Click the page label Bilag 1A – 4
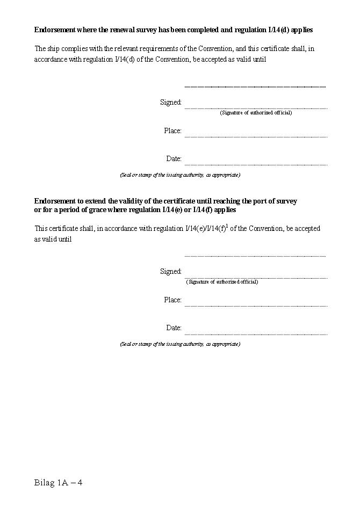pyautogui.click(x=58, y=483)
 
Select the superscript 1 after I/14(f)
pyautogui.click(x=227, y=226)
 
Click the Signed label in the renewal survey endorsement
pyautogui.click(x=171, y=103)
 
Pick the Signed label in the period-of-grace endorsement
pyautogui.click(x=171, y=272)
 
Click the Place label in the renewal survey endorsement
pyautogui.click(x=172, y=131)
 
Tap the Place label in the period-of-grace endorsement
pyautogui.click(x=172, y=300)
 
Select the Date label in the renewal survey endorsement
pyautogui.click(x=174, y=159)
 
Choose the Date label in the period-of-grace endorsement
pyautogui.click(x=174, y=328)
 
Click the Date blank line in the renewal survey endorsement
pyautogui.click(x=256, y=164)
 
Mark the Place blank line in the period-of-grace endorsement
pyautogui.click(x=256, y=306)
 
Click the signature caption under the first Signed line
pyautogui.click(x=256, y=113)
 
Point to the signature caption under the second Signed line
pyautogui.click(x=222, y=282)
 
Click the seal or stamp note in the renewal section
pyautogui.click(x=180, y=175)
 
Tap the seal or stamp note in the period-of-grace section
pyautogui.click(x=180, y=344)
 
